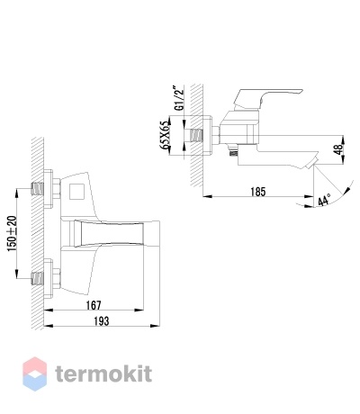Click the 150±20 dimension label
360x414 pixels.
[x=13, y=234]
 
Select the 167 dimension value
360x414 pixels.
[x=94, y=305]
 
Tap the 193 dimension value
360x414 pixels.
[x=102, y=321]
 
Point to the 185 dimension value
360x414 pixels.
[x=258, y=192]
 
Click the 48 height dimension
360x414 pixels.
[x=338, y=149]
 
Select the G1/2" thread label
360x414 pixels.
[x=180, y=98]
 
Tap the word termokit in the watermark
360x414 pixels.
[x=103, y=373]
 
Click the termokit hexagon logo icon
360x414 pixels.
[x=35, y=373]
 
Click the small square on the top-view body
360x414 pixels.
[x=77, y=192]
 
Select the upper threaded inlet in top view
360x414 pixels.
[x=38, y=189]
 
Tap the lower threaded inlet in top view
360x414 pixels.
[x=38, y=278]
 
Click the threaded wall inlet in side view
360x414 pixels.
[x=196, y=136]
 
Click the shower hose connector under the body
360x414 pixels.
[x=233, y=150]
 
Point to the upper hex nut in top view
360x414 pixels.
[x=57, y=189]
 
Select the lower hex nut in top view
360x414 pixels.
[x=57, y=278]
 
